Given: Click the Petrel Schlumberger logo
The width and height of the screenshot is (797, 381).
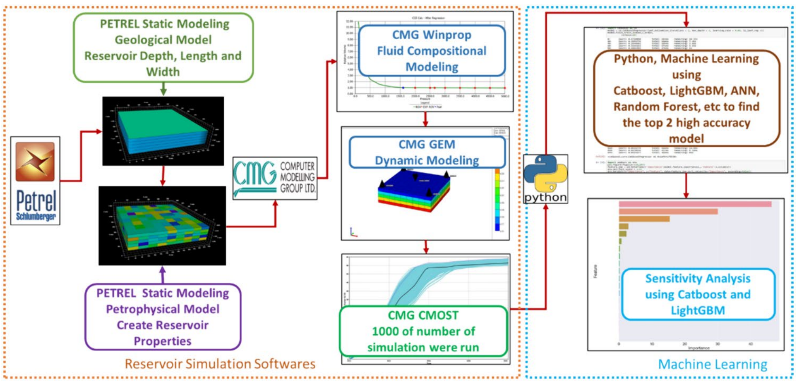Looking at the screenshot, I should [35, 181].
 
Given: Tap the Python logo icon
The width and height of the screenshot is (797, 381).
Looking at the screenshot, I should [545, 179].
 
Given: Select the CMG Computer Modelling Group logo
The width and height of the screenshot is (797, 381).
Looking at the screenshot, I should [275, 178].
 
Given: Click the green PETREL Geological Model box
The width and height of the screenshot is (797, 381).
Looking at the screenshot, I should [163, 48].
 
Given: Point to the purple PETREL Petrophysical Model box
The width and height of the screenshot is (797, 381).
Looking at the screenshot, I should [163, 317].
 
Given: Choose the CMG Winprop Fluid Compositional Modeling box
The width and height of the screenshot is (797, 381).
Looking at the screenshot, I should [432, 51].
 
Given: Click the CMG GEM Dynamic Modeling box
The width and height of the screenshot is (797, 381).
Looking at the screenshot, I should [427, 152].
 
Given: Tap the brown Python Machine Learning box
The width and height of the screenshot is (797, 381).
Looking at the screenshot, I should [686, 98].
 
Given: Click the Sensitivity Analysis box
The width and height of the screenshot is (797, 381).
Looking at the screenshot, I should [698, 294].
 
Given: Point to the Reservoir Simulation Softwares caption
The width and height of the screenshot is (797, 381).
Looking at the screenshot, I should [220, 364].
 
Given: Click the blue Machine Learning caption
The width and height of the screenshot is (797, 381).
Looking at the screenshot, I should [712, 364].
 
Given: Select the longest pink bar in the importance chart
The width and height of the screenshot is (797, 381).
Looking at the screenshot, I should [695, 204].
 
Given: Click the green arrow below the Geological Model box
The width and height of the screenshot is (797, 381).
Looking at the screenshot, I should [163, 89].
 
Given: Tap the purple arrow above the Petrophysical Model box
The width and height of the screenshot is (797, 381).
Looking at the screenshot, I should [163, 274].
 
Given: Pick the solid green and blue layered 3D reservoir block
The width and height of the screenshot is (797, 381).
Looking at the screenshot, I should [163, 131].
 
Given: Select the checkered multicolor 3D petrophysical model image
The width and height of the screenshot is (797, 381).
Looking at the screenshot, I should [162, 226].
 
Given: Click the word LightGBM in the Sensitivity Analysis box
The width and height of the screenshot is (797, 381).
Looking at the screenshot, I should [698, 310].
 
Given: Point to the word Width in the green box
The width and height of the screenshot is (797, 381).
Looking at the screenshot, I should [163, 72].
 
